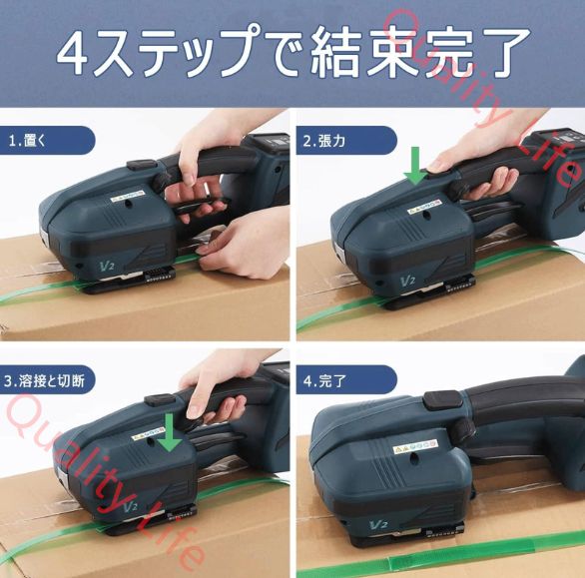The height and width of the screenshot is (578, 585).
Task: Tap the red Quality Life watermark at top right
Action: coord(479,80)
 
